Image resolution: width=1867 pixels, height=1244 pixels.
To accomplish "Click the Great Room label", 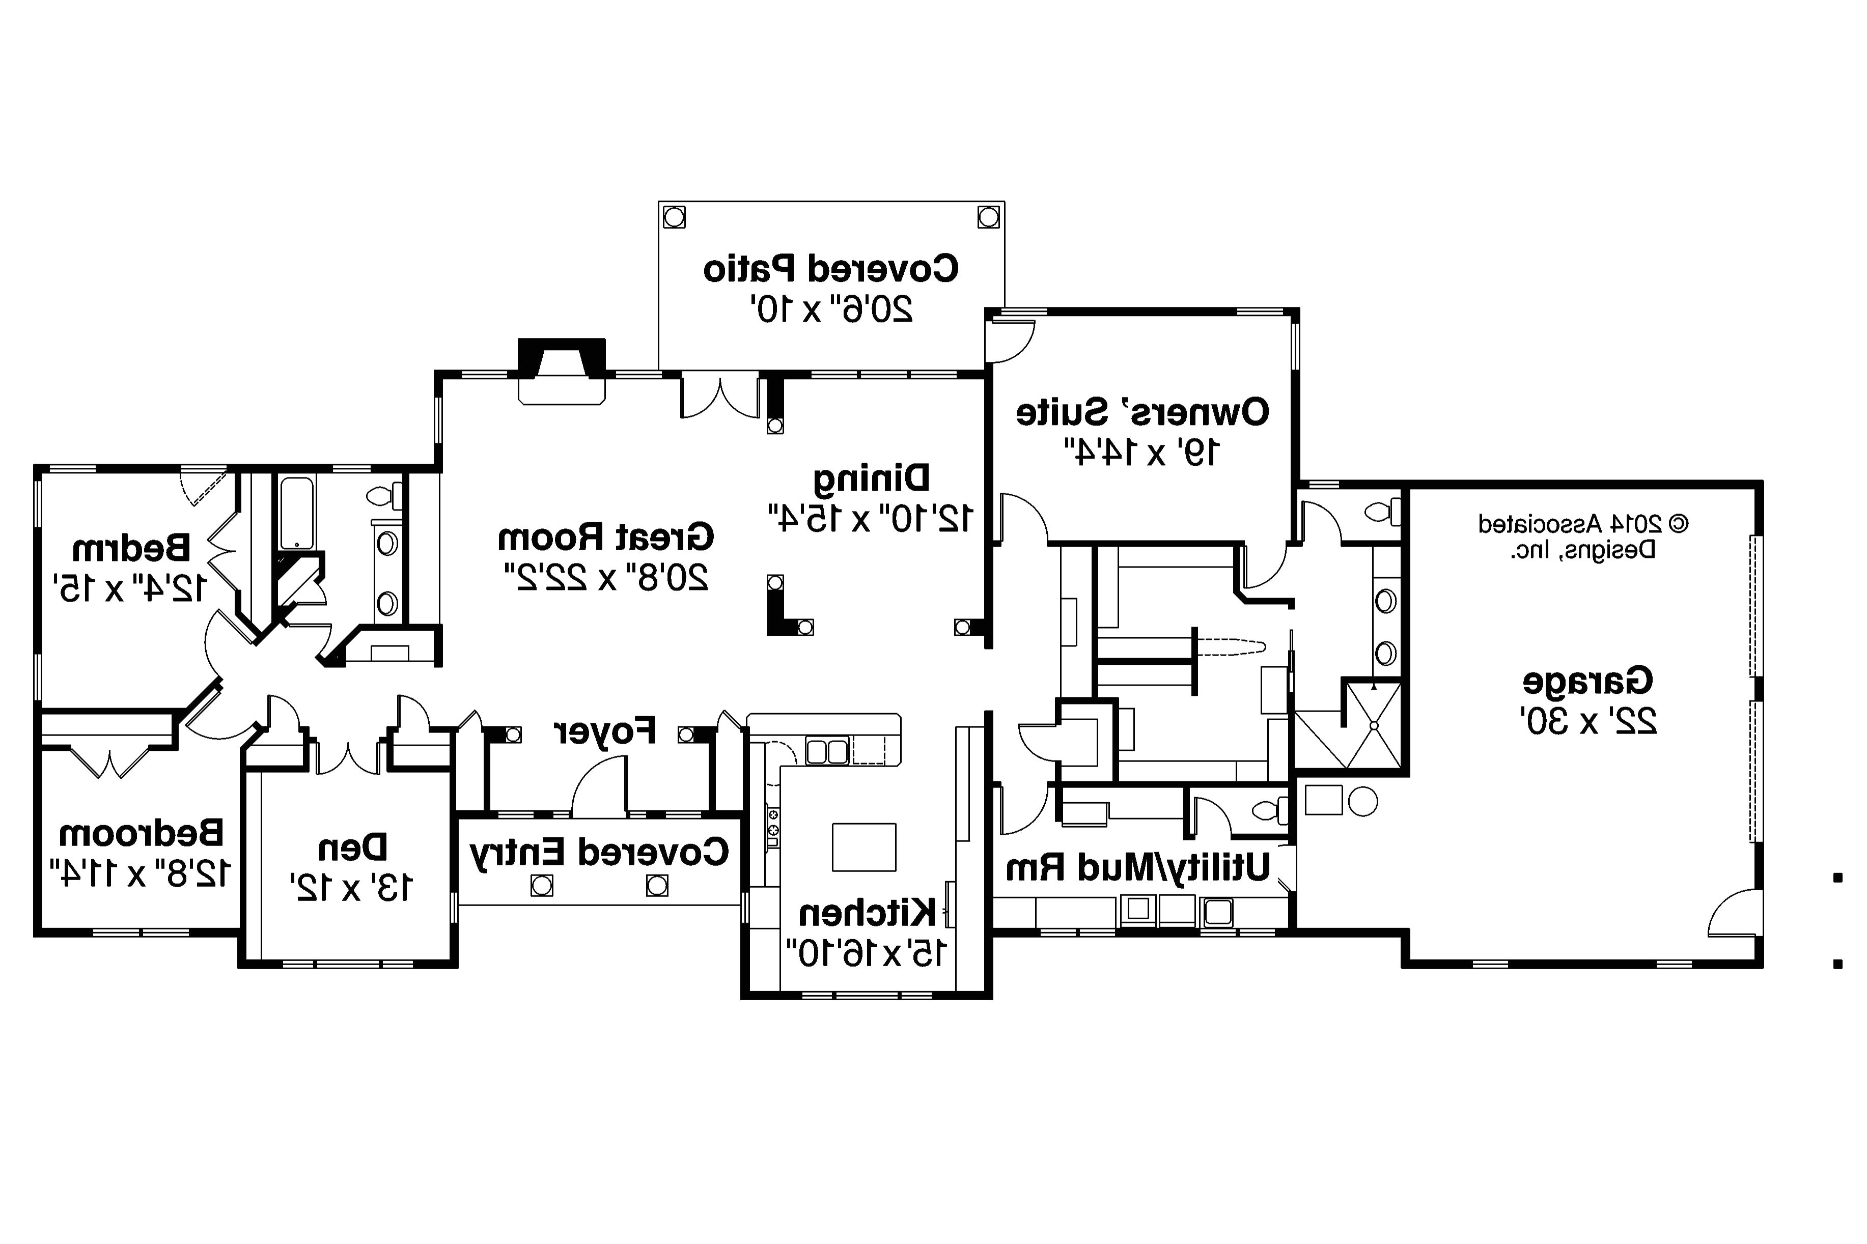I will pos(605,537).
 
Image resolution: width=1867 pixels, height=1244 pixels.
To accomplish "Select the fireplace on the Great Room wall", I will pos(562,373).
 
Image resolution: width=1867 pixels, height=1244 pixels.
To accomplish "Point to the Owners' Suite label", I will pos(1142,413).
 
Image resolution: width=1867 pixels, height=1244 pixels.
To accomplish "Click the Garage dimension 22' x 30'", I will pos(1589,720).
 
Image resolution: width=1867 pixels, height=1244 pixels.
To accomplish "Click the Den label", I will pos(352,848).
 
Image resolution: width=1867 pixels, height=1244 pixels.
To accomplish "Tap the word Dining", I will pos(871,477).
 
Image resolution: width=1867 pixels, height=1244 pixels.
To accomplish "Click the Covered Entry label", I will pos(599,851).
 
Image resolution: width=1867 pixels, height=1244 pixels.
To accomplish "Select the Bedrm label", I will pos(131,547).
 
